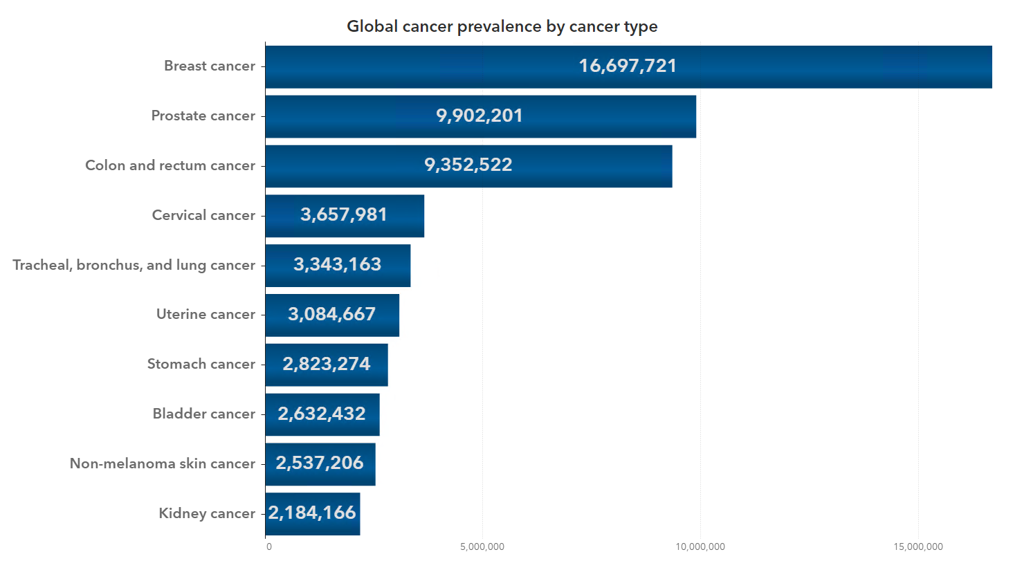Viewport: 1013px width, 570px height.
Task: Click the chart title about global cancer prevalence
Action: coord(502,26)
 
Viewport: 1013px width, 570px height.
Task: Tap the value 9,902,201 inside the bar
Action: coord(479,116)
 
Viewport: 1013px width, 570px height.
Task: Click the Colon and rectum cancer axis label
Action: coord(170,165)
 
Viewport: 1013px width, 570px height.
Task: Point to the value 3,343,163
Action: coord(337,264)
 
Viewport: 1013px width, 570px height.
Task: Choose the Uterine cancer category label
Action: coord(206,314)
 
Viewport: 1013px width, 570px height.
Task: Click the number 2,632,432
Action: coord(321,414)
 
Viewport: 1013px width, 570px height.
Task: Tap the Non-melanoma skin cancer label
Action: coord(163,463)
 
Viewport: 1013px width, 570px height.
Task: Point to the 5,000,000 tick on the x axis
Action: coord(482,546)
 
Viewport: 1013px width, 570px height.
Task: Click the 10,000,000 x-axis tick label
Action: coord(700,546)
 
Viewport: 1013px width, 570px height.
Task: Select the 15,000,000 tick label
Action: coord(918,546)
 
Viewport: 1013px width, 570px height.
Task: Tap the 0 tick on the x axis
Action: coord(269,546)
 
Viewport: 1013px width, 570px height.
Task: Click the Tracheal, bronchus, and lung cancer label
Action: coord(134,265)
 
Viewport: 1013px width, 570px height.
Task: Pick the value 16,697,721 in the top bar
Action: coord(628,66)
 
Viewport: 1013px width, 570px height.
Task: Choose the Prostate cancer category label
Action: coord(203,116)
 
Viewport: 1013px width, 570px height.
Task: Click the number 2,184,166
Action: coord(312,513)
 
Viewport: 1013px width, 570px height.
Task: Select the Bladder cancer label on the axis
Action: coord(204,414)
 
